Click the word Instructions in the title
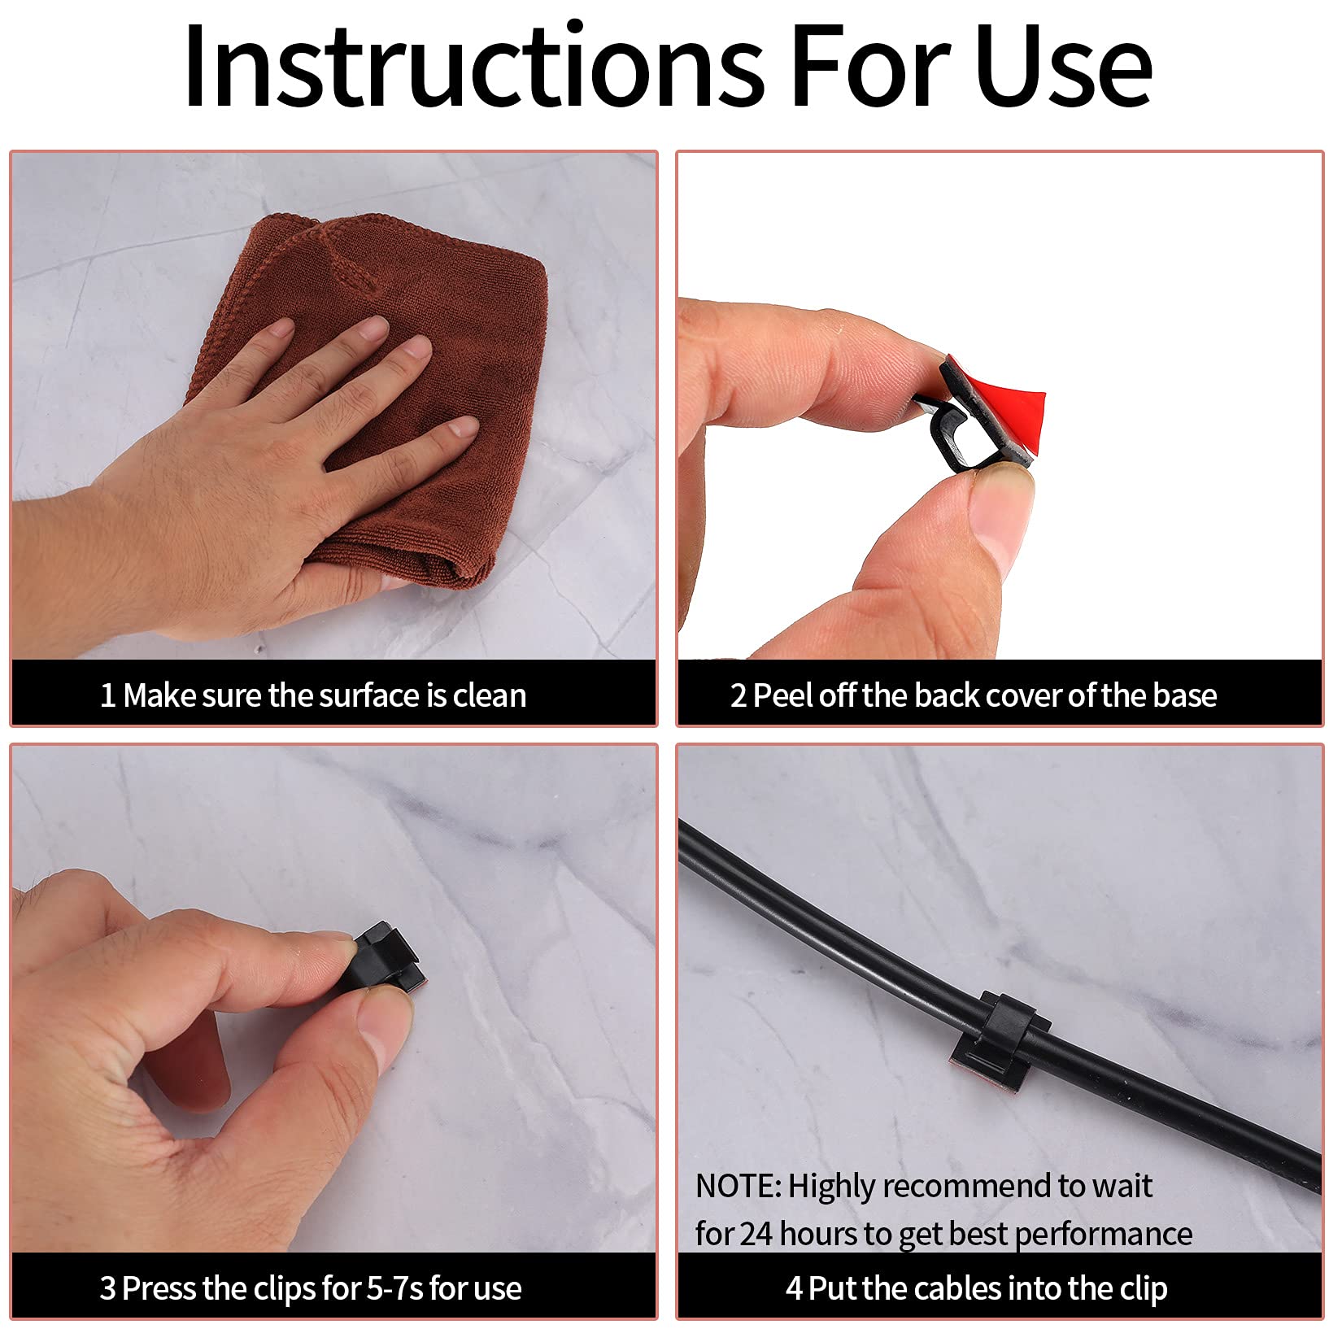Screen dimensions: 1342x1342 click(475, 66)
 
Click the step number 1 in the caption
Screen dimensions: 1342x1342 click(107, 696)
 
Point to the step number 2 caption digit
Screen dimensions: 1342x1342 click(738, 696)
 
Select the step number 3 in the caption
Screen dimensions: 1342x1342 click(108, 1289)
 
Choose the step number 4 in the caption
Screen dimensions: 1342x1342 click(795, 1289)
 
